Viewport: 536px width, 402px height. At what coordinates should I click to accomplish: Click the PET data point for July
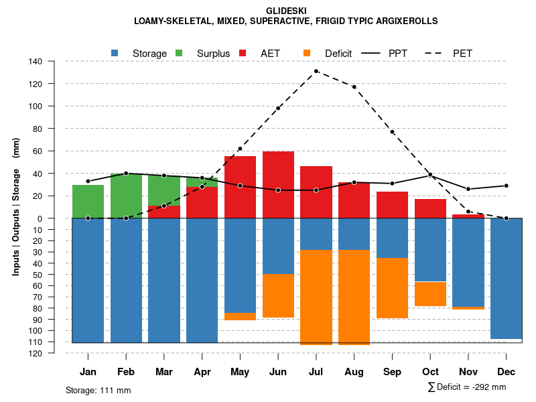316,71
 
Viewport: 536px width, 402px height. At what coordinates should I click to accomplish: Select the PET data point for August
354,86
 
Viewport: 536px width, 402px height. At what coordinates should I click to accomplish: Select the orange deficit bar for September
393,288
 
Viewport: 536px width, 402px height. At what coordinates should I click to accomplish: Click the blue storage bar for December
507,278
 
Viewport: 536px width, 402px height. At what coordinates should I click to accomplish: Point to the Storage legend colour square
115,53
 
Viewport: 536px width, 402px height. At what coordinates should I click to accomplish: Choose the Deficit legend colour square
307,53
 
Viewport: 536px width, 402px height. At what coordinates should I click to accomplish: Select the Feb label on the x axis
126,372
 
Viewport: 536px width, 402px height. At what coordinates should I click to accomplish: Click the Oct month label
431,372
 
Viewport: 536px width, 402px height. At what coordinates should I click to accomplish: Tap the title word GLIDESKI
286,11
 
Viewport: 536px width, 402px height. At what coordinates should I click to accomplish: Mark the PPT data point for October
431,175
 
